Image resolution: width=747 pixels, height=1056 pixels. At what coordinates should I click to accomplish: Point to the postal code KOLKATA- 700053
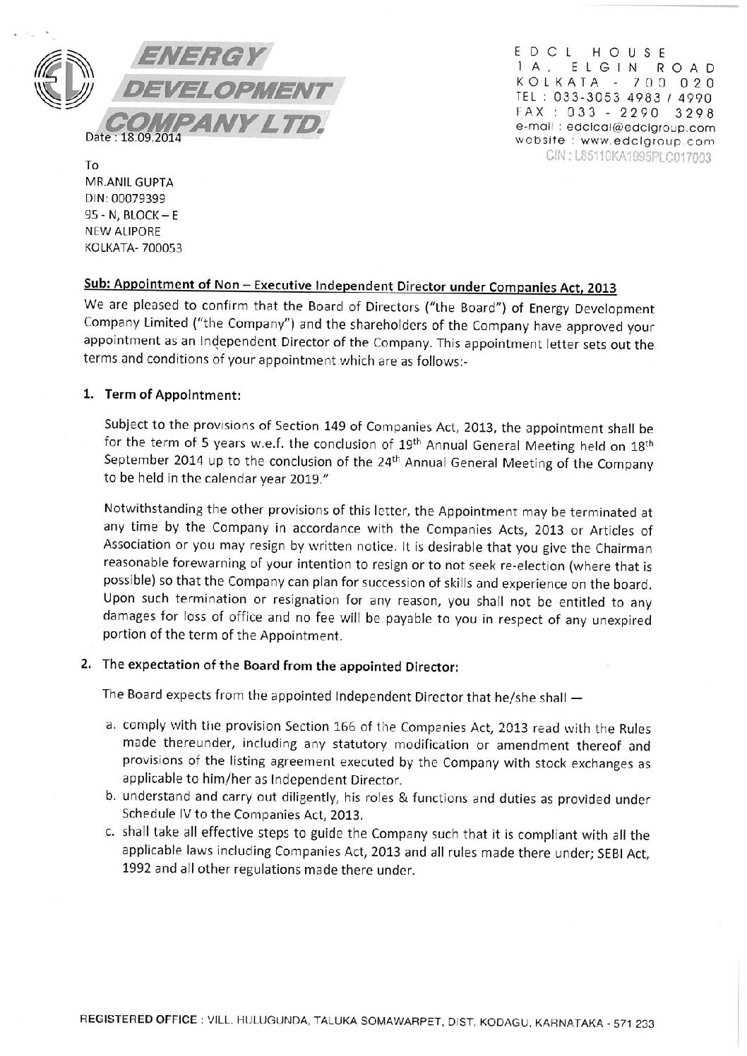pos(133,248)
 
